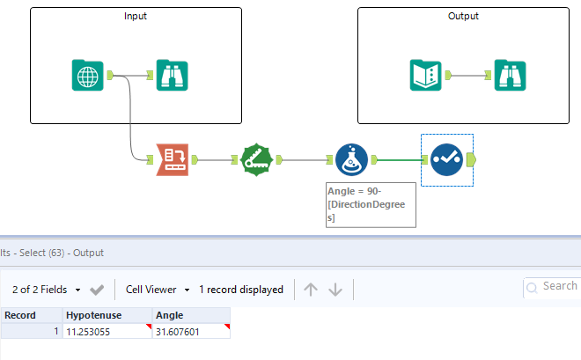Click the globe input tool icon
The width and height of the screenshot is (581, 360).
click(87, 75)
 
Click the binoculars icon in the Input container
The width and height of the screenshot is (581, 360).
click(172, 75)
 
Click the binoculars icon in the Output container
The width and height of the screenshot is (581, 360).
click(510, 75)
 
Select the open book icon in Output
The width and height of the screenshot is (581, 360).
click(426, 75)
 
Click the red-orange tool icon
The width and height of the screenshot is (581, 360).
click(173, 159)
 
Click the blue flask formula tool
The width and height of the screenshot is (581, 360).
click(351, 159)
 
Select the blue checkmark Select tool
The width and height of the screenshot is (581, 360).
click(446, 159)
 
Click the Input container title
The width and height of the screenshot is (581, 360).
click(136, 17)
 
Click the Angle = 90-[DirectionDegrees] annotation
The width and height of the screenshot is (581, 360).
click(364, 204)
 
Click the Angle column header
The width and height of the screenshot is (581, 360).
click(169, 314)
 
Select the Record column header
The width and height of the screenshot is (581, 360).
click(20, 314)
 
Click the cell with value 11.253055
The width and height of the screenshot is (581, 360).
click(105, 331)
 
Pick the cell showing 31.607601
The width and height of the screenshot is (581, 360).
click(190, 331)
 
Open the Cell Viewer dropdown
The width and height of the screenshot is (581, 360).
click(158, 289)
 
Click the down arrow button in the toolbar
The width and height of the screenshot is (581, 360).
click(335, 289)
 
